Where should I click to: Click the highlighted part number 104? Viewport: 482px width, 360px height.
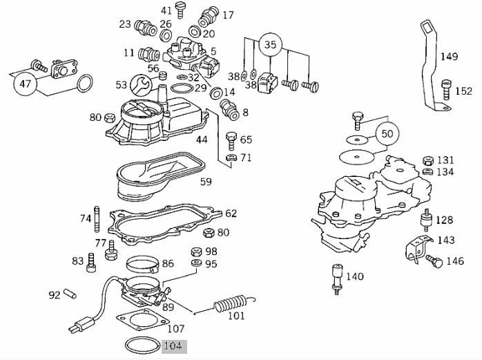point(174,346)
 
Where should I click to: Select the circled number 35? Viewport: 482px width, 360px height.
point(271,45)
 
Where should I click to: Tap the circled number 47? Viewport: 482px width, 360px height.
point(26,84)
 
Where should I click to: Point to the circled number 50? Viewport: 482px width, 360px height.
point(387,134)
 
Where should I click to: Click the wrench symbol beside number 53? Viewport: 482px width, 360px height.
point(141,84)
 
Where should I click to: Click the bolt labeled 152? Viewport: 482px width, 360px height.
point(445,90)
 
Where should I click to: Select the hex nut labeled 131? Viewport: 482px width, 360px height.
point(427,160)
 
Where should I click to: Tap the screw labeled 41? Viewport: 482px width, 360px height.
point(180,10)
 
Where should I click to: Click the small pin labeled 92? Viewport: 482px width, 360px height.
point(70,294)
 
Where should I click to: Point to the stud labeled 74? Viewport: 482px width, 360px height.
point(97,220)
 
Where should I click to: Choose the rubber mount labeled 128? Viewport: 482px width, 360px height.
point(427,220)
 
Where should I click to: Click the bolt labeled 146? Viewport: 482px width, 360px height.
point(434,261)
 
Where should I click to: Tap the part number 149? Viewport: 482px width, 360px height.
point(449,57)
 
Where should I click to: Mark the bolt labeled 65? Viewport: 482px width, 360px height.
point(231,141)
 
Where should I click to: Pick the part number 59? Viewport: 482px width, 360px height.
point(206,182)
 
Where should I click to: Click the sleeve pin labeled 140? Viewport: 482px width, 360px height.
point(338,278)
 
